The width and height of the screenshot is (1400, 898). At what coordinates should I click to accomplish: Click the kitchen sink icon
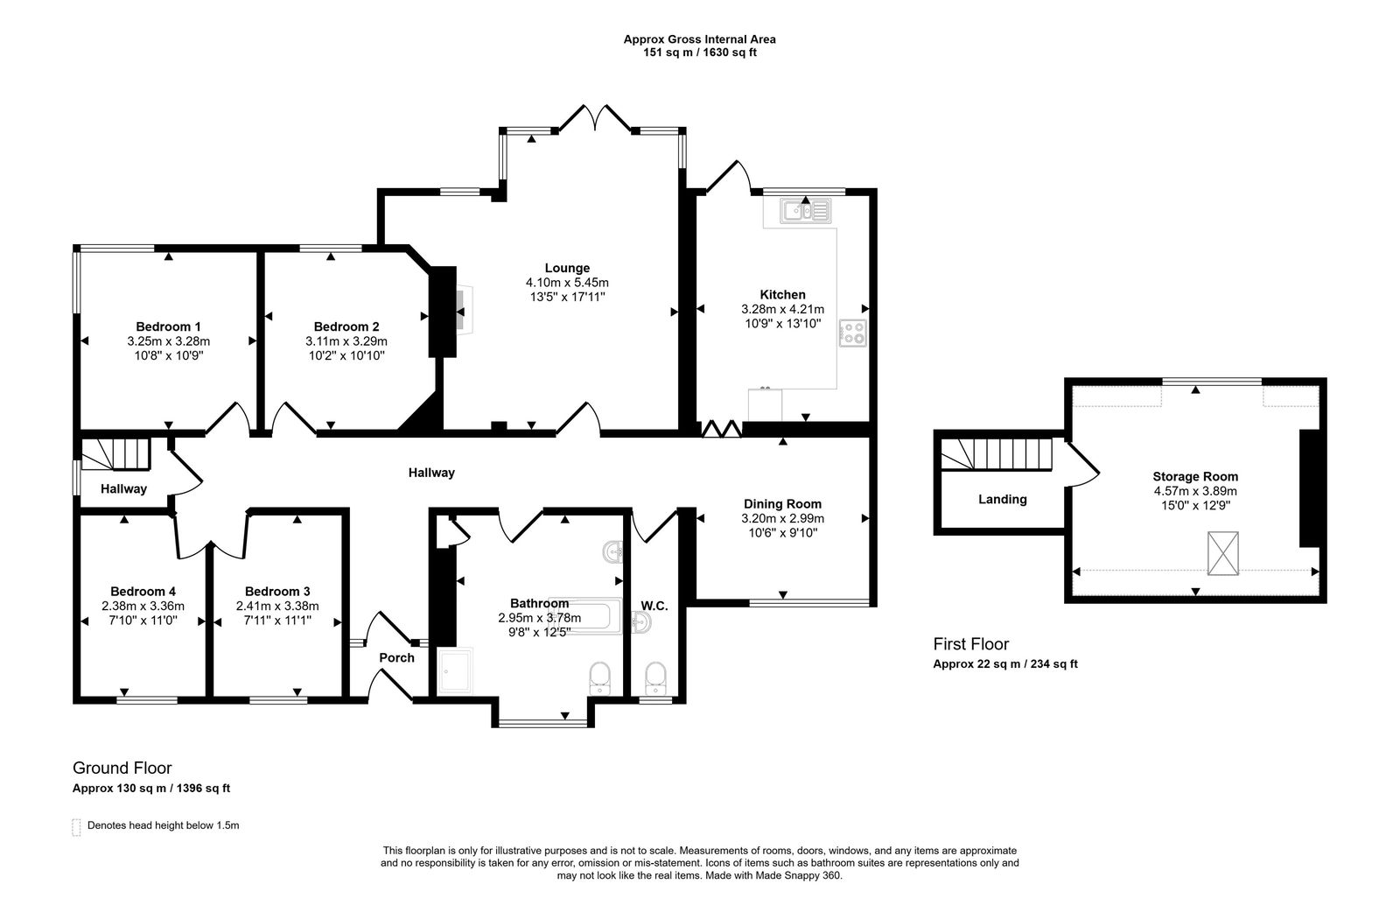[x=807, y=210]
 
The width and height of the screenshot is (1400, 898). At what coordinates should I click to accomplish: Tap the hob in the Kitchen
[x=853, y=333]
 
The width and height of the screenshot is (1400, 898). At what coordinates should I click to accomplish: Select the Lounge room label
[x=567, y=268]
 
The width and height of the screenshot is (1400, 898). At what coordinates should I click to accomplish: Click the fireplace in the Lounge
[x=456, y=311]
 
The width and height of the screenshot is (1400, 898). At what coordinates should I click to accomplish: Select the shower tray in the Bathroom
[x=454, y=670]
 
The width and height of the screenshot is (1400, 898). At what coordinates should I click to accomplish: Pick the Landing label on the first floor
[x=1002, y=499]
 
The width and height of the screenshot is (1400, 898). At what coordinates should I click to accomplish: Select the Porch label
[x=396, y=657]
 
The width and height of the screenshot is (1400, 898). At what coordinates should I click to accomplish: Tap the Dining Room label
[x=782, y=503]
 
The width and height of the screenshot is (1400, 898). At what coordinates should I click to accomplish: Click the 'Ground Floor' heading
[x=122, y=768]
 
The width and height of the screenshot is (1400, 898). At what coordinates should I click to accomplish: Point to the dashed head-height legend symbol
[x=76, y=826]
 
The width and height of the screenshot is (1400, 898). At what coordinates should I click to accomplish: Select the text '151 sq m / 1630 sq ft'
[x=699, y=53]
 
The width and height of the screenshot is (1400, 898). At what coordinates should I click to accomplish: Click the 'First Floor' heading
[x=970, y=644]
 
